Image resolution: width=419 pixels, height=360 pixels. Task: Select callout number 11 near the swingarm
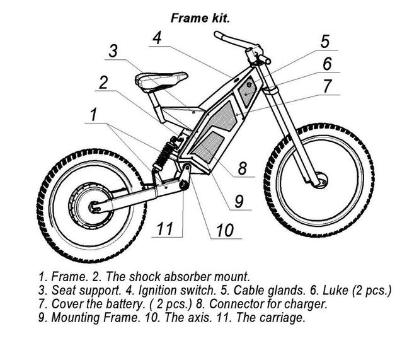click(x=164, y=227)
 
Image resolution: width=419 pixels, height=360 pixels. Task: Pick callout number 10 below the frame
click(x=225, y=231)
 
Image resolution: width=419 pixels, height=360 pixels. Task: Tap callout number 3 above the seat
click(x=112, y=52)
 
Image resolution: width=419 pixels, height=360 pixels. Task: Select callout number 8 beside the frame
click(x=241, y=169)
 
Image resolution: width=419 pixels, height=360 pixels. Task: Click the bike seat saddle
click(x=160, y=81)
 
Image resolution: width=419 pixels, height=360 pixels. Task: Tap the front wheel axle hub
click(x=320, y=180)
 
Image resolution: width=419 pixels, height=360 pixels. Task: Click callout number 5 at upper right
click(x=325, y=42)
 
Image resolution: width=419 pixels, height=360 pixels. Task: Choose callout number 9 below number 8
click(x=239, y=200)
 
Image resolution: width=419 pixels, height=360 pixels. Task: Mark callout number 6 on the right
click(x=327, y=64)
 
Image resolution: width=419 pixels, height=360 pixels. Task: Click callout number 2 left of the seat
click(x=103, y=83)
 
